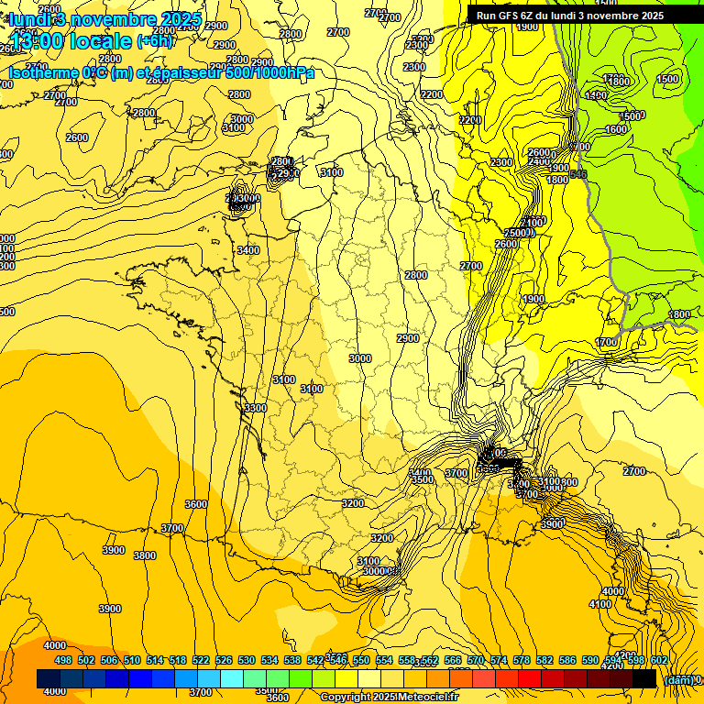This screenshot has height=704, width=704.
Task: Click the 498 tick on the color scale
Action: [x=62, y=660]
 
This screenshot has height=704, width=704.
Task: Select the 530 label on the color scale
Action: [x=247, y=660]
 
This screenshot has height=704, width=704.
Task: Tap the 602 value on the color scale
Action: [x=658, y=660]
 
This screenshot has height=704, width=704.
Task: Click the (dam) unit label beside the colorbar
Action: [x=677, y=679]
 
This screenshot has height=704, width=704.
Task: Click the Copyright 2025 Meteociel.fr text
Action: [x=389, y=697]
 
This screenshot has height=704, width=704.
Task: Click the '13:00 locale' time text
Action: [x=71, y=41]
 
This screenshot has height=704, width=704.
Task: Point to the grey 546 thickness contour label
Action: [x=577, y=174]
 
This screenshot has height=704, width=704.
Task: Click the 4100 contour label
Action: [x=600, y=604]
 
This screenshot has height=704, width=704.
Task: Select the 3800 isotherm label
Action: [x=144, y=555]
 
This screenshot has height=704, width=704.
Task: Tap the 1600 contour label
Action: [x=616, y=129]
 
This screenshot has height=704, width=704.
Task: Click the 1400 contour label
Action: [x=596, y=95]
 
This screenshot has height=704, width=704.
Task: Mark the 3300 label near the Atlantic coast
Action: [x=255, y=408]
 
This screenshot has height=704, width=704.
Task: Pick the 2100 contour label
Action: [x=532, y=223]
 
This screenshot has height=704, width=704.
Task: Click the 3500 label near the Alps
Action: [x=422, y=479]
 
